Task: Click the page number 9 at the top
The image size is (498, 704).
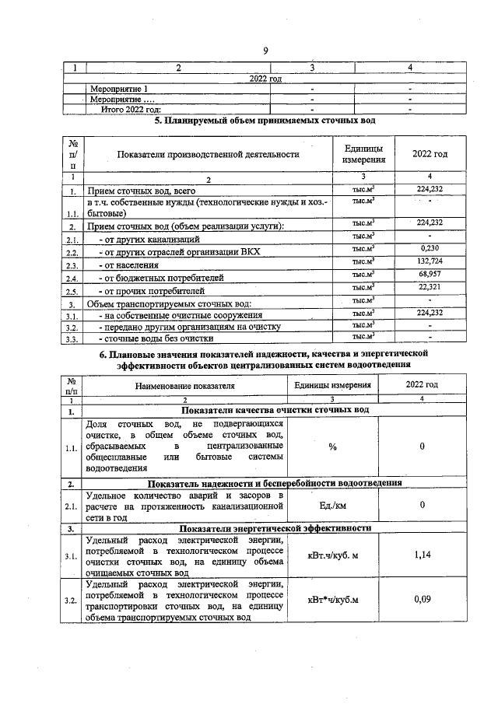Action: pos(265,51)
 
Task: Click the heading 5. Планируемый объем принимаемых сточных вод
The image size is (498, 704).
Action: pos(265,121)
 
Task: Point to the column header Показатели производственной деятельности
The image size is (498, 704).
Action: pos(208,154)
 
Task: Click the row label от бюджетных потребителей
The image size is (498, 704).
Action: pos(160,278)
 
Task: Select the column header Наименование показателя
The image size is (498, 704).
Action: pos(184,385)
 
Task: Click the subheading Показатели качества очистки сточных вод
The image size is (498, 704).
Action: pos(275,411)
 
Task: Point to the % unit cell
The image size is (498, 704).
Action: pos(332,447)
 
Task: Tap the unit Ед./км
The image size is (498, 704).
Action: pos(332,506)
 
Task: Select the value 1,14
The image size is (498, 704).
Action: pos(422,555)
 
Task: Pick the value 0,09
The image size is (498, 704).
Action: pos(422,600)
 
